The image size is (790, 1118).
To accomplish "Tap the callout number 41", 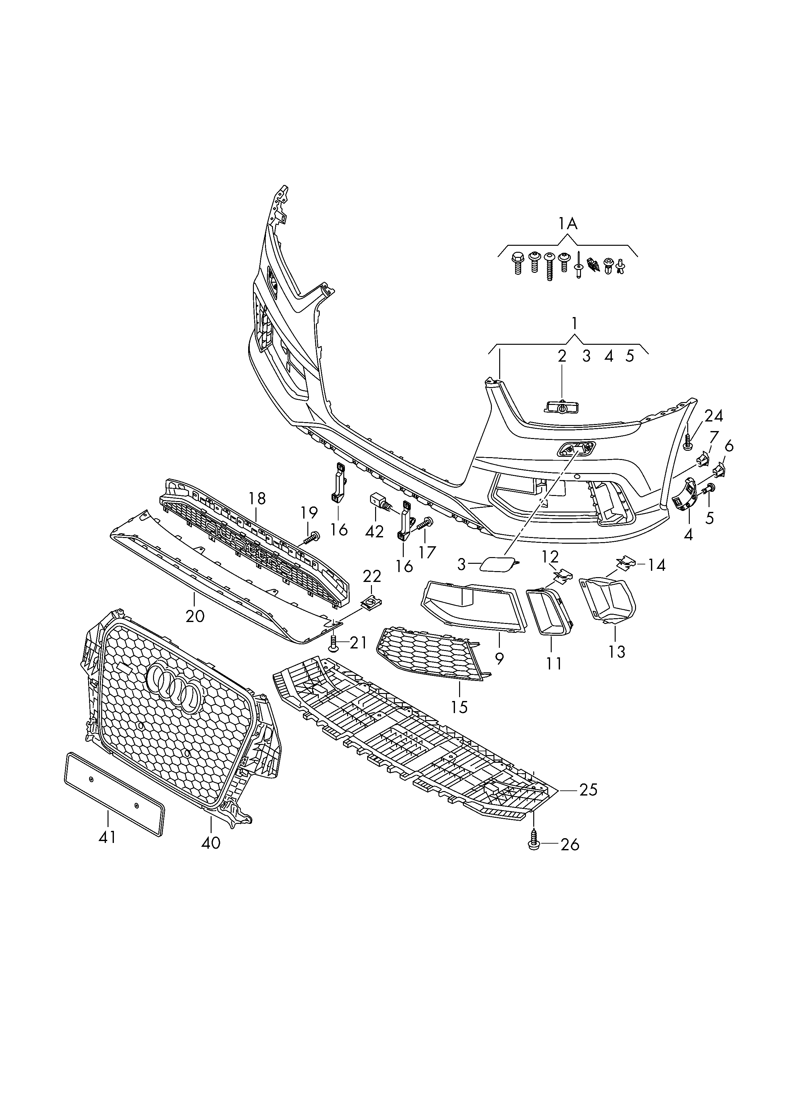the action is point(107,837).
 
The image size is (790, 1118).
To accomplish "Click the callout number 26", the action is point(570,844).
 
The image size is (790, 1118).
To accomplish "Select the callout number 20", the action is point(195,616).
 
